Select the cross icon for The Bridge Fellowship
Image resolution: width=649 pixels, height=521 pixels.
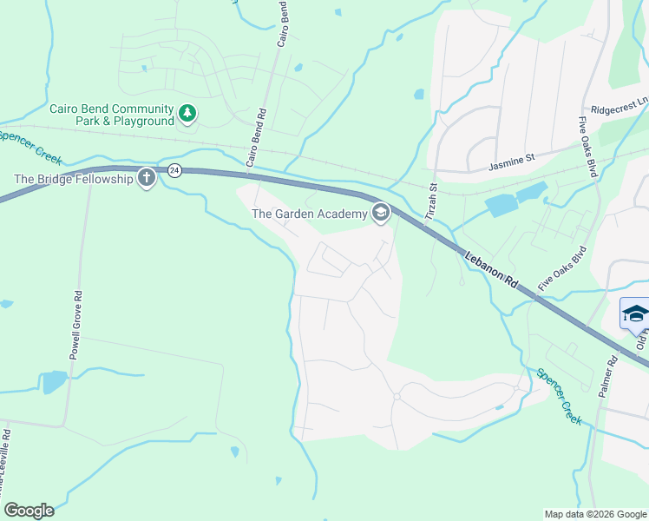click(147, 179)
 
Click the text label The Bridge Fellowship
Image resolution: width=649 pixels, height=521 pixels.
click(73, 179)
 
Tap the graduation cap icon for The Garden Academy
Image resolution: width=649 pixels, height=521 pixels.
click(380, 213)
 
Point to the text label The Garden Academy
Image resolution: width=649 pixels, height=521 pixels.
click(308, 214)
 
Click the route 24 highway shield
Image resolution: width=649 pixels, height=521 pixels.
click(174, 169)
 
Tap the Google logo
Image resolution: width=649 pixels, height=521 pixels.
click(29, 511)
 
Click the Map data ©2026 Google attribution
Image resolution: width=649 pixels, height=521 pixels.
click(594, 514)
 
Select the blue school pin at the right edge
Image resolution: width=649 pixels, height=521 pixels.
click(635, 314)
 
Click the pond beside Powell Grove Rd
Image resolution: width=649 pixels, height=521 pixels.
click(53, 381)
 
